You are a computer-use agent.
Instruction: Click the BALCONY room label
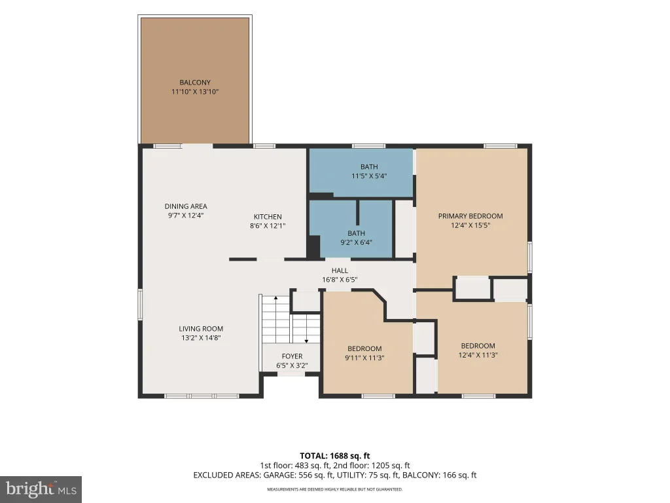tap(195, 82)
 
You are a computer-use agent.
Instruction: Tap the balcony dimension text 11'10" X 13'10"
tap(195, 92)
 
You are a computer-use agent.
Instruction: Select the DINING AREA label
tap(186, 206)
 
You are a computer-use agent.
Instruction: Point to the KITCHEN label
tap(268, 217)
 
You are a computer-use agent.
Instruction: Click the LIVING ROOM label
tap(201, 329)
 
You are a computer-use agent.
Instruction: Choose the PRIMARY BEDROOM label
tap(470, 216)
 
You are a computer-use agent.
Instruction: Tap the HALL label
tap(340, 270)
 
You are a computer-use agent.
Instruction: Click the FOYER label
tap(292, 356)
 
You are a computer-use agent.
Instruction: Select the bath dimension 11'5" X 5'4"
tap(369, 176)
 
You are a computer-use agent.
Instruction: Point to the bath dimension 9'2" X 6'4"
tap(356, 242)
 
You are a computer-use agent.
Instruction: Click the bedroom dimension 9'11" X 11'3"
tap(364, 358)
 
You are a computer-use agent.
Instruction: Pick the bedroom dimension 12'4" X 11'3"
tap(478, 355)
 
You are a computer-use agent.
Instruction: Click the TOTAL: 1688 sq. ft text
tap(334, 456)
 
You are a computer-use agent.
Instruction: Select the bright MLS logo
tap(41, 489)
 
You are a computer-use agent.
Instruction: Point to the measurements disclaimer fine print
tap(334, 489)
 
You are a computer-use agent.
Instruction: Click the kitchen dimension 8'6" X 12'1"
tap(268, 226)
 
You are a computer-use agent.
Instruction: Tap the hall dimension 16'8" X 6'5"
tap(340, 280)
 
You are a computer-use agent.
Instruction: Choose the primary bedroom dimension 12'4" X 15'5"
tap(470, 225)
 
